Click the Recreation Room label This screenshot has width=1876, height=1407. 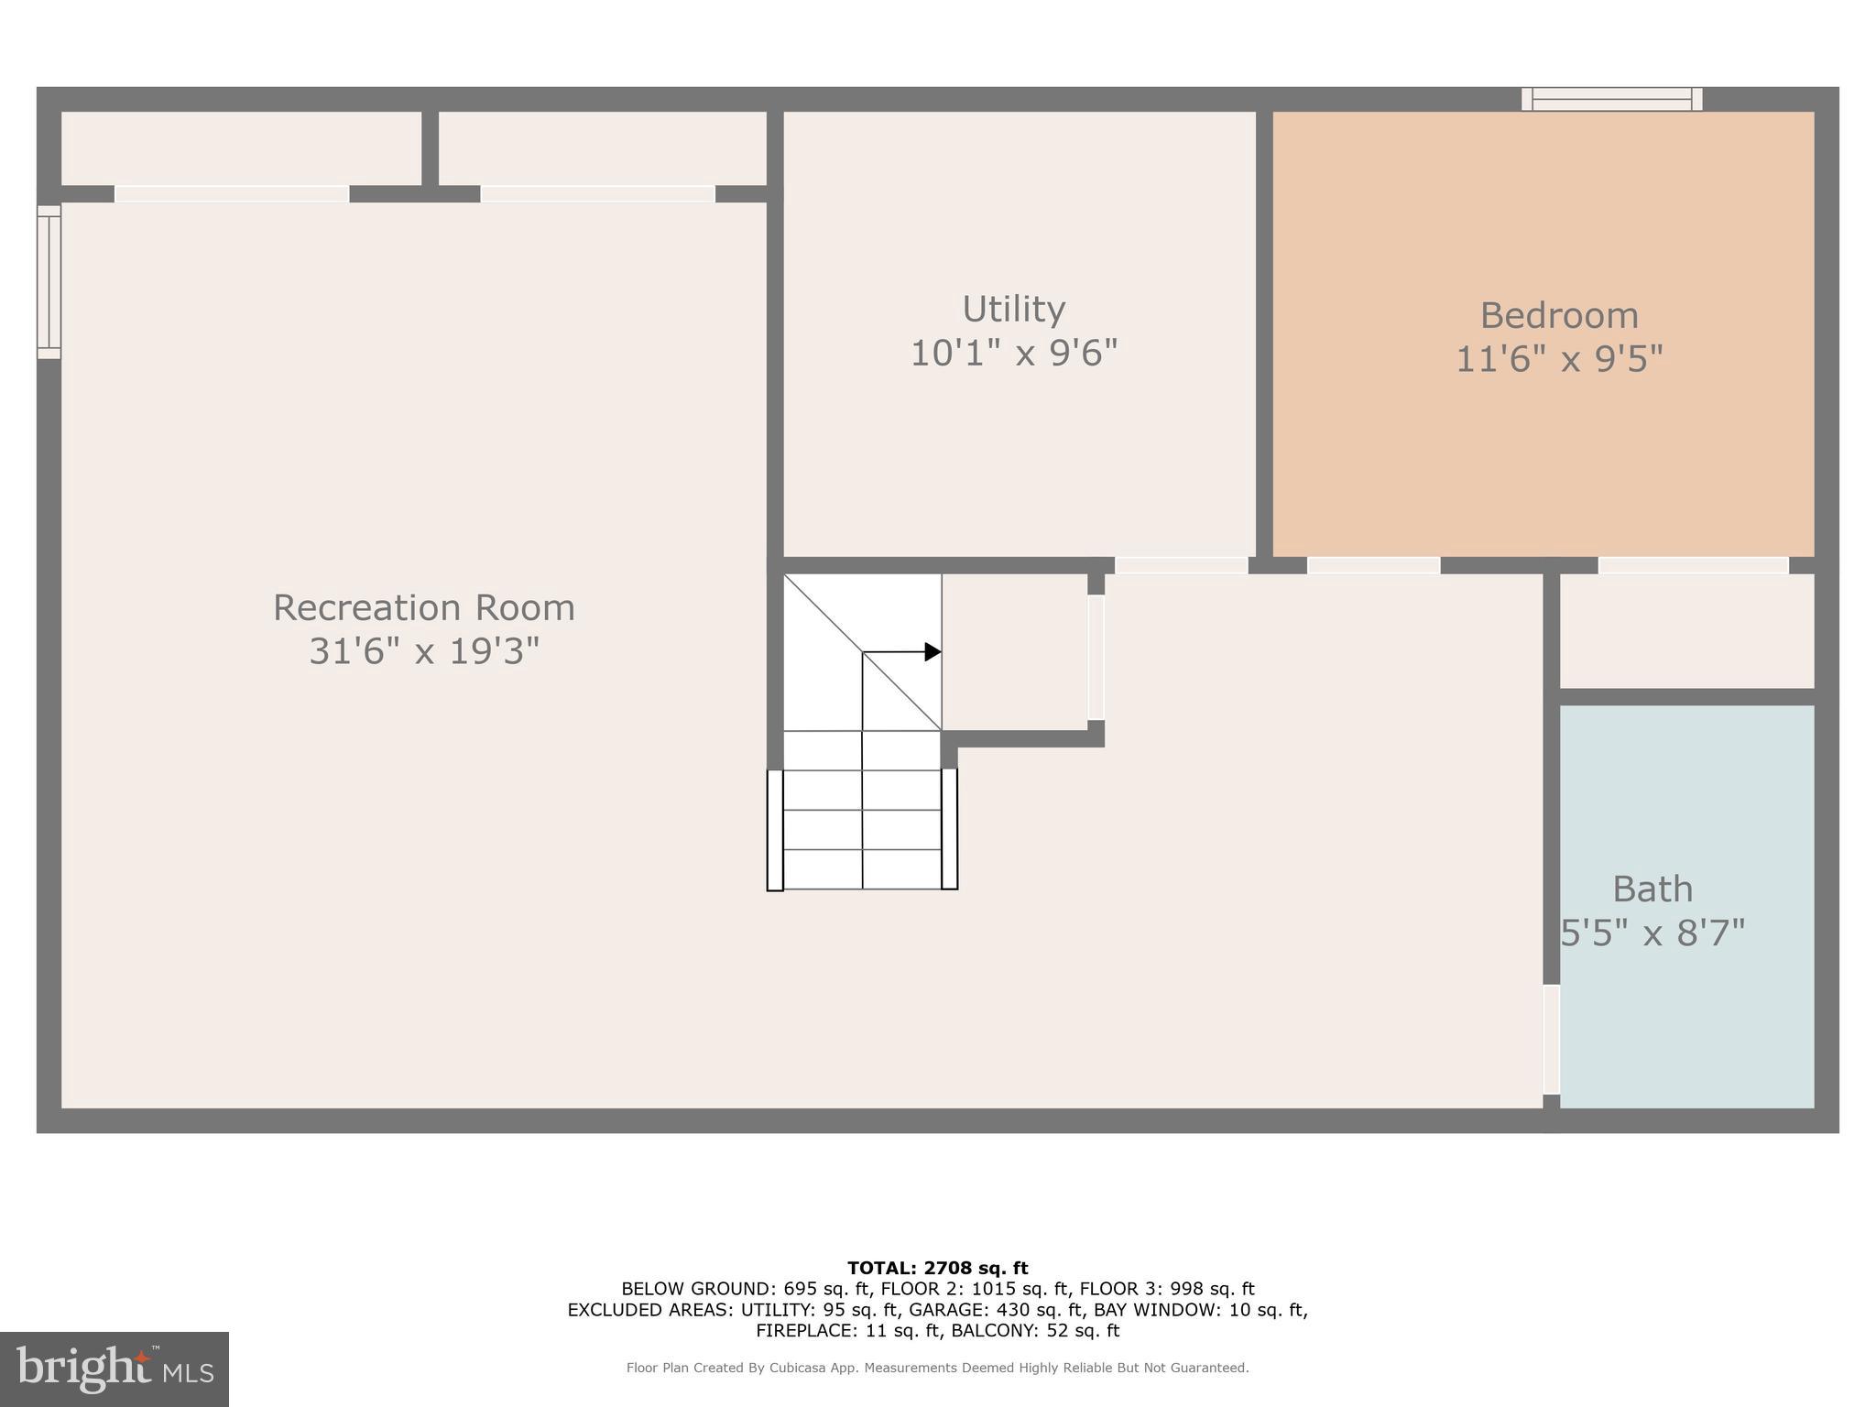pos(423,608)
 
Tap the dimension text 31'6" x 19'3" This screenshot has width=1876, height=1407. pos(423,652)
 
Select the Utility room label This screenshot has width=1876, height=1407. pos(1013,310)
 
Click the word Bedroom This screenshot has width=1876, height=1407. pos(1559,316)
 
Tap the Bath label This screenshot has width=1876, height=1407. pos(1652,889)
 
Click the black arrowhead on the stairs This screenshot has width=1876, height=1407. pos(933,652)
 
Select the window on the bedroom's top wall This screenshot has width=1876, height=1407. pos(1611,99)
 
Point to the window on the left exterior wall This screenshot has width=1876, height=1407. pos(49,282)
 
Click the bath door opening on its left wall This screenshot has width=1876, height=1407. pos(1551,1039)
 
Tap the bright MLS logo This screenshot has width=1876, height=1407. pos(115,1369)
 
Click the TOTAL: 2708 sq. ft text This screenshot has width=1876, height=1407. pos(937,1269)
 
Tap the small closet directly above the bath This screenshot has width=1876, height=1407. pos(1686,631)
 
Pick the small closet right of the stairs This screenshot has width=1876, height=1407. pos(1014,652)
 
